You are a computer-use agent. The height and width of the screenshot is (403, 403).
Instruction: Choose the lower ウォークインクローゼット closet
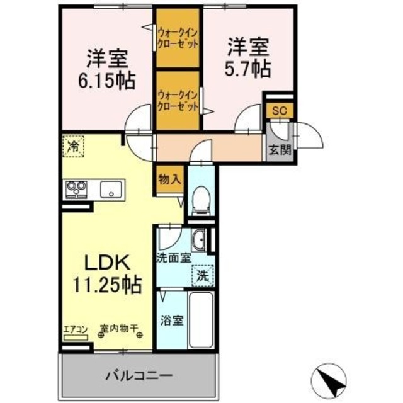[x=178, y=99]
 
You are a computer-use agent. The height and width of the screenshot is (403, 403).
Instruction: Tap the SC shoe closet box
[x=280, y=110]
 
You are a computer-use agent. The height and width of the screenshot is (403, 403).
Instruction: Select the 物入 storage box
[x=169, y=179]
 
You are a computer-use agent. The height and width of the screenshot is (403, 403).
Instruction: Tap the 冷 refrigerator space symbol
[x=73, y=147]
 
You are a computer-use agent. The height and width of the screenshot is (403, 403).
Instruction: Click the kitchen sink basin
[x=111, y=187]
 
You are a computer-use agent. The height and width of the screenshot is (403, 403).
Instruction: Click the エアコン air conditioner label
[x=76, y=329]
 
